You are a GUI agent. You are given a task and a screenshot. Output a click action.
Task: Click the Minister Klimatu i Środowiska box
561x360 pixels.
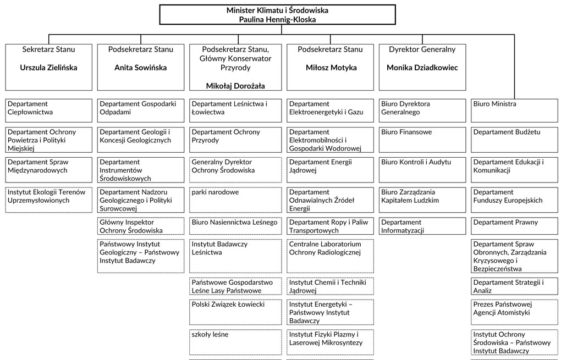click(277, 15)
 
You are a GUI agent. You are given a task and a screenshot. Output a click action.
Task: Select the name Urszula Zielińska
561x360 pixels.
click(48, 68)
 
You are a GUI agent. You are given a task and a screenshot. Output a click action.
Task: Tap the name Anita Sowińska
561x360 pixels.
click(141, 68)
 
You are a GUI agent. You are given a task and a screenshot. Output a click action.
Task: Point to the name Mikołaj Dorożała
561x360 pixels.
click(235, 86)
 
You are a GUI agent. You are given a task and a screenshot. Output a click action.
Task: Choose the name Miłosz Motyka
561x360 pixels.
click(331, 68)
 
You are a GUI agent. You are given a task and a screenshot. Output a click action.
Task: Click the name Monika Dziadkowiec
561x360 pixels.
click(422, 68)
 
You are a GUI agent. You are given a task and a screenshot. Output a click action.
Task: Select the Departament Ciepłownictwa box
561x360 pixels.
click(48, 110)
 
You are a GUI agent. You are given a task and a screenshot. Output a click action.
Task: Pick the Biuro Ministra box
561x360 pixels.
click(514, 110)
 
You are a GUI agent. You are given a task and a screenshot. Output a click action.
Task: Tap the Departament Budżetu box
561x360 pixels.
click(514, 140)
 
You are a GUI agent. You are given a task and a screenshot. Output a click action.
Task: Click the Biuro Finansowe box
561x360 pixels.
click(422, 140)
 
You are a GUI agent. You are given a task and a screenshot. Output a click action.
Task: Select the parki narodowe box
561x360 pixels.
click(235, 200)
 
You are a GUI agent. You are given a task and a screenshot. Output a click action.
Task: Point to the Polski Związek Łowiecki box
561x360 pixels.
click(235, 312)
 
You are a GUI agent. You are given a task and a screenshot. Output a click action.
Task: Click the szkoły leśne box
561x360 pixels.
click(235, 342)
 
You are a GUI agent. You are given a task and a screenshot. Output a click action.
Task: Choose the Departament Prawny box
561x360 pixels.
click(514, 226)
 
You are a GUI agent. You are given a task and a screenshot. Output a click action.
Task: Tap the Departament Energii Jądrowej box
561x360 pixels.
click(330, 170)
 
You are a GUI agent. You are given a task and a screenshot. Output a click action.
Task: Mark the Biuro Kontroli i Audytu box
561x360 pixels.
click(422, 170)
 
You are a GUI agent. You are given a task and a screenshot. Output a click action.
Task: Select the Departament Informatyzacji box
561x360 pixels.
click(422, 226)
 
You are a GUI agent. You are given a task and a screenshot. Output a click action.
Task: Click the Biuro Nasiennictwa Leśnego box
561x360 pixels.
click(235, 226)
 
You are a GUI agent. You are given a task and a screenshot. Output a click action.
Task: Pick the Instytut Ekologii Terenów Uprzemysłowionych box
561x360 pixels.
click(48, 200)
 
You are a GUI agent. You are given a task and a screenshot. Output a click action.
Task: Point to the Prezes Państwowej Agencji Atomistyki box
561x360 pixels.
click(514, 312)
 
